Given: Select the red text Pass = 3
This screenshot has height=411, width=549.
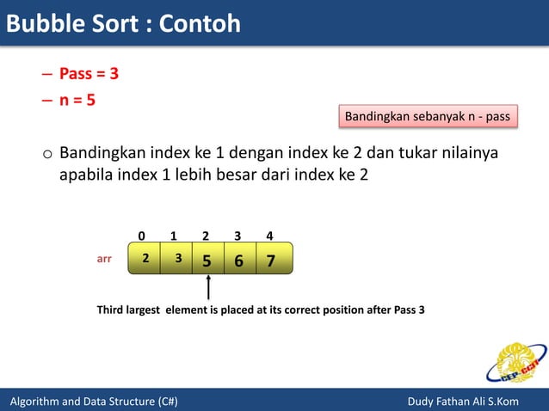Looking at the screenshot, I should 89,74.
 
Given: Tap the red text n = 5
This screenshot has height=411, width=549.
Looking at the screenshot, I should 77,100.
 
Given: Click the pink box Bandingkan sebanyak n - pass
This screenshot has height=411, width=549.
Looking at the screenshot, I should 428,116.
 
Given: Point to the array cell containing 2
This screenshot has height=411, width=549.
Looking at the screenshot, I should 145,257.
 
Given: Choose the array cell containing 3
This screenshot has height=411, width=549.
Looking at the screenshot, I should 177,257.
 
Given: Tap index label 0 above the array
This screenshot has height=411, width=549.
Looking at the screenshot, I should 142,235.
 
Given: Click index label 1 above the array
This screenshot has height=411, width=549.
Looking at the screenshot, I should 174,235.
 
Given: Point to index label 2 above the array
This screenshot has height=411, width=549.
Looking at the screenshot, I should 206,235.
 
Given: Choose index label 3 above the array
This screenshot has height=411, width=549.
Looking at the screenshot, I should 237,235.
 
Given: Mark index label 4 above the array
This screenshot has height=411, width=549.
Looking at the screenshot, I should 269,235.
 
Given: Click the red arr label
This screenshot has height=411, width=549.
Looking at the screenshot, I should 104,257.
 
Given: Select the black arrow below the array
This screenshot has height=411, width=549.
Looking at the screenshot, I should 208,287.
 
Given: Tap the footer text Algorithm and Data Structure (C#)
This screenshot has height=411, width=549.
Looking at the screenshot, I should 94,402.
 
